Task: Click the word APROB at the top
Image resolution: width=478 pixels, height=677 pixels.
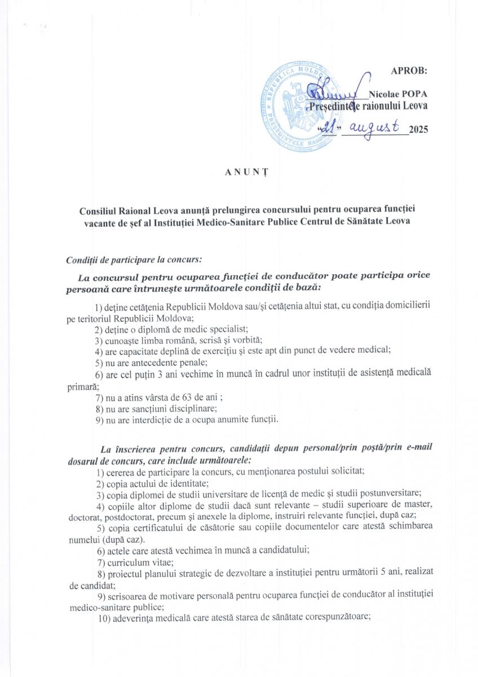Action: (x=409, y=71)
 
